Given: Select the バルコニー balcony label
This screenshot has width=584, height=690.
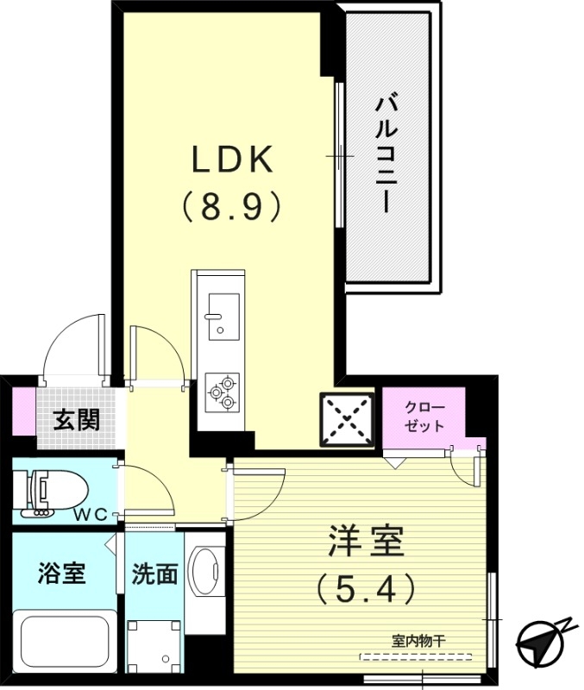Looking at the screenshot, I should (x=385, y=155).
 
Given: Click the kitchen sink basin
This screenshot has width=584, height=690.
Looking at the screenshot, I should (x=223, y=314).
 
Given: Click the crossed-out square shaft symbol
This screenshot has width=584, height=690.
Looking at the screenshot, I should (x=348, y=421).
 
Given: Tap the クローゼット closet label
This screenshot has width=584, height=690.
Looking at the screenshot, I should (x=423, y=417).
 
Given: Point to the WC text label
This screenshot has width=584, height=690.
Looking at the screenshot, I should (x=90, y=515).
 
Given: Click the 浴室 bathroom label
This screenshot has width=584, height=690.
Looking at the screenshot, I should (x=62, y=574).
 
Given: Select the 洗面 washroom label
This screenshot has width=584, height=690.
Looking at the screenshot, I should (x=155, y=574).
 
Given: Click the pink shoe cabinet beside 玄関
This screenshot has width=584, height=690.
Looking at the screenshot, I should (x=23, y=413).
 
